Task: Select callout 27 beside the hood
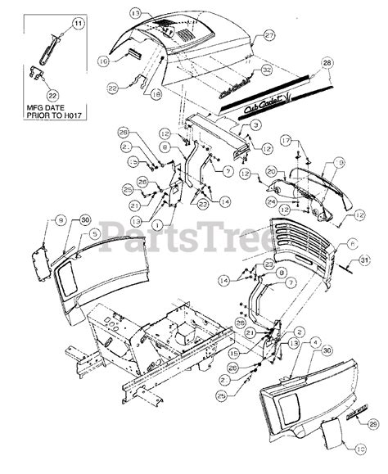(x=268, y=35)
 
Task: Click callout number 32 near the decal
(x=266, y=72)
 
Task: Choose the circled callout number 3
(x=255, y=124)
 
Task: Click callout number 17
(x=285, y=140)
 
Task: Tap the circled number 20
(x=270, y=171)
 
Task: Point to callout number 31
(x=366, y=261)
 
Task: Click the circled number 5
(x=95, y=233)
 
